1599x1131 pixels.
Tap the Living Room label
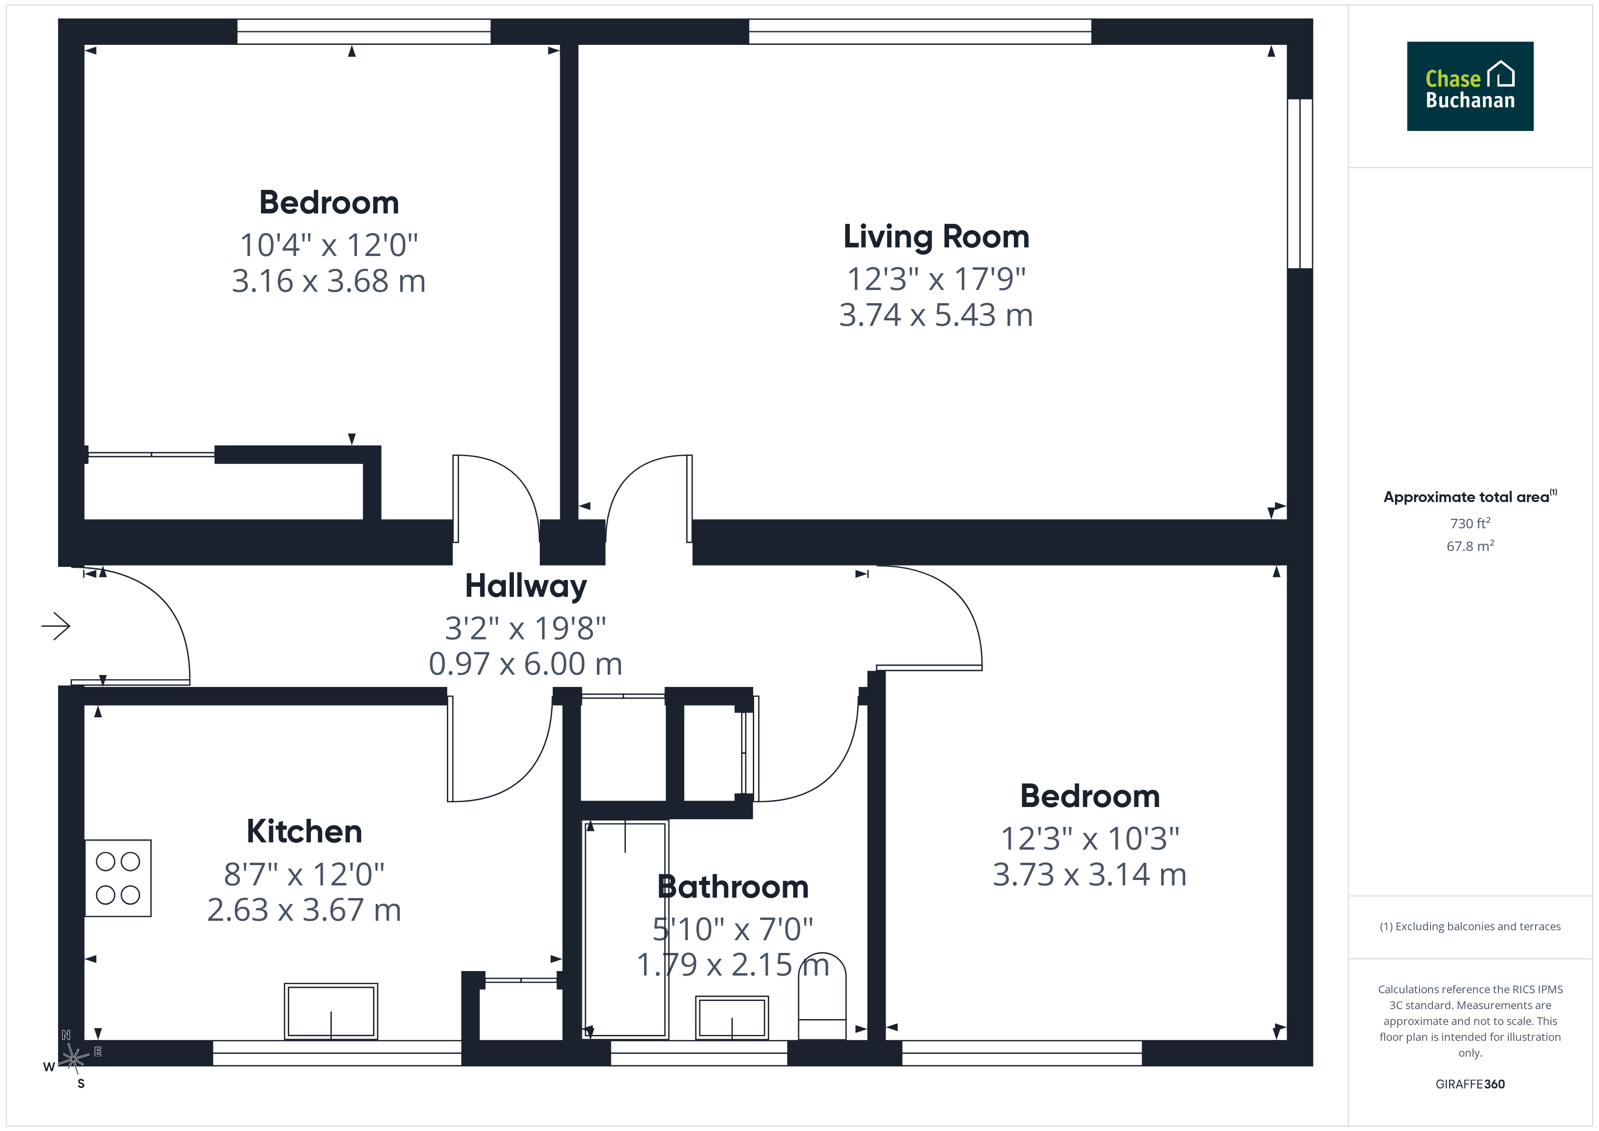pos(936,237)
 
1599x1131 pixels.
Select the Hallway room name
pos(526,586)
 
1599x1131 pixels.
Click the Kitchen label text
pos(304,831)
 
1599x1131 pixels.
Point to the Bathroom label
pos(732,887)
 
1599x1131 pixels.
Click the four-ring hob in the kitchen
pos(118,878)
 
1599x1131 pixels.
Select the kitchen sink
pos(331,1011)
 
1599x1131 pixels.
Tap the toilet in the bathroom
pos(822,996)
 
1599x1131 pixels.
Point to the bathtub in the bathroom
pos(625,930)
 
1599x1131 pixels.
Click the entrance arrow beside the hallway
pos(56,626)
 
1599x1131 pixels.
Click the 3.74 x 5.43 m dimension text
pos(936,315)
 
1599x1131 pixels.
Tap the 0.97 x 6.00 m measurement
pos(526,664)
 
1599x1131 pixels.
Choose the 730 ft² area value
pos(1470,523)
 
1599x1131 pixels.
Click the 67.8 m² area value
pos(1470,546)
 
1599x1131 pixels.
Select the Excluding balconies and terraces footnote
pos(1470,926)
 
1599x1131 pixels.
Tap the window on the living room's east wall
pos(1299,184)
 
